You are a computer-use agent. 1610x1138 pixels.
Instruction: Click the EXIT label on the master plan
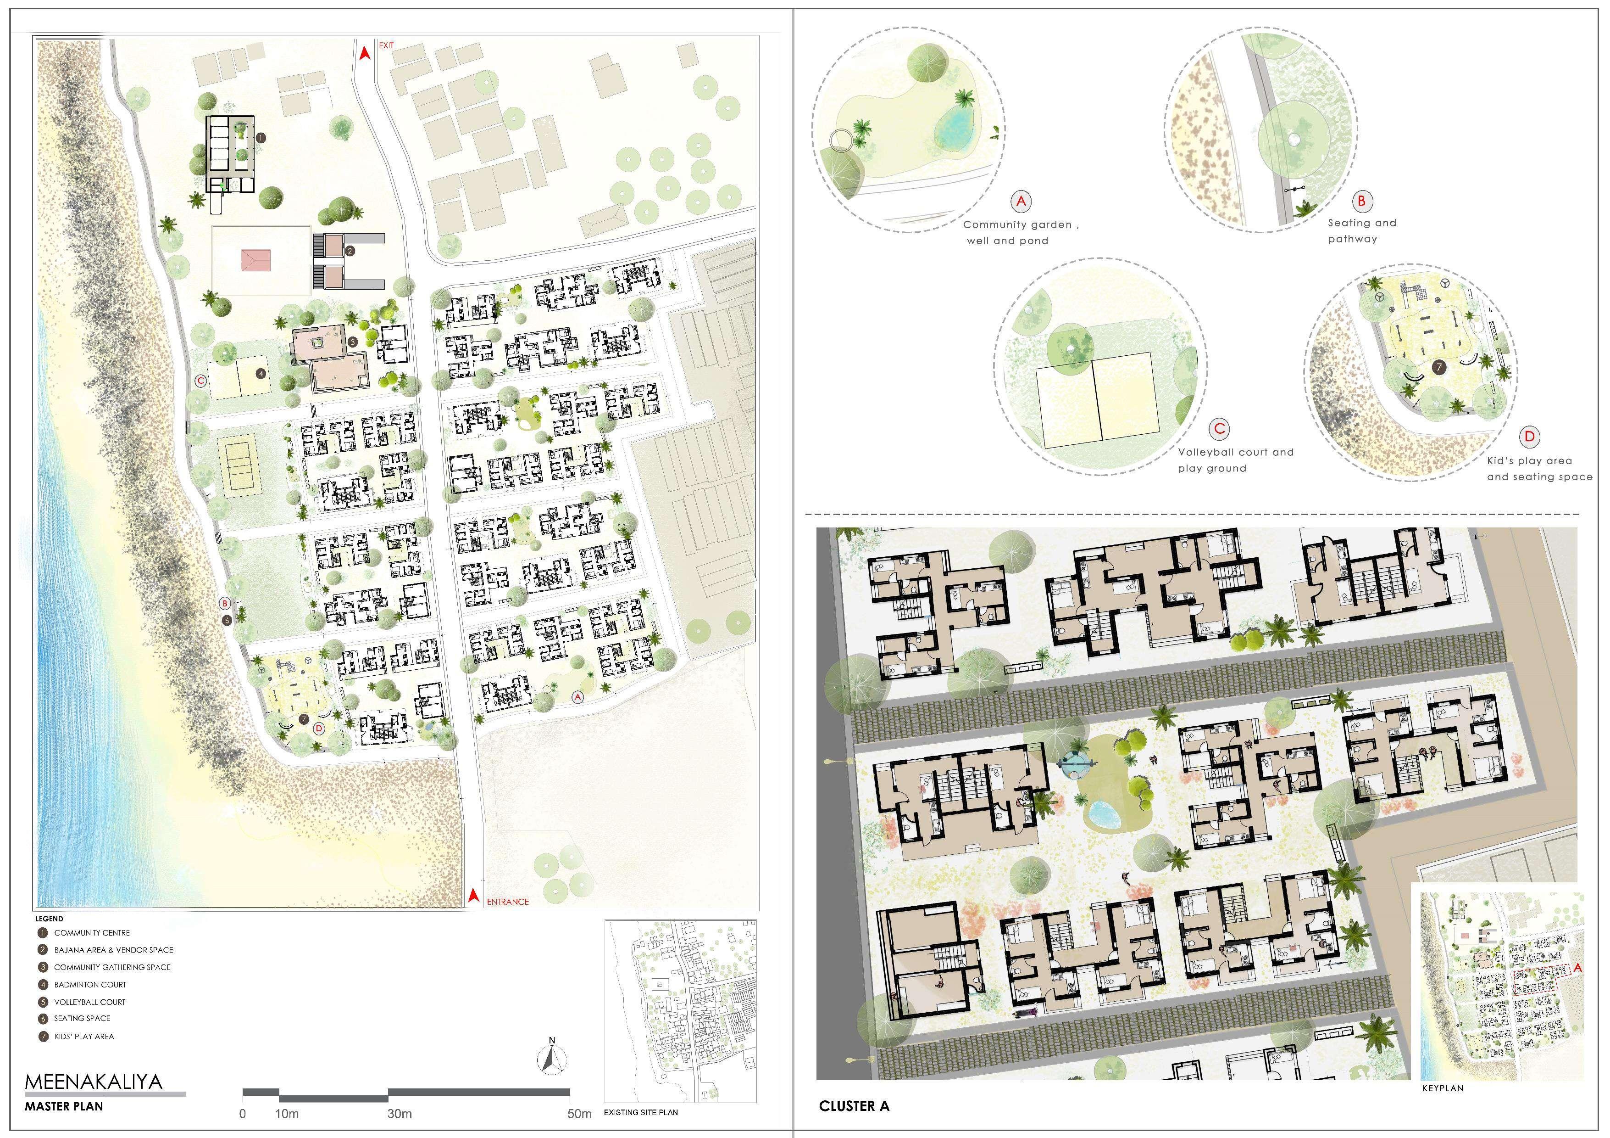point(386,45)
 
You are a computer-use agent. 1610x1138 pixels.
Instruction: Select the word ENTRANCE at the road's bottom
point(508,902)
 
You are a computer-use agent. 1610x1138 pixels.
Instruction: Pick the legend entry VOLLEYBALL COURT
point(90,1002)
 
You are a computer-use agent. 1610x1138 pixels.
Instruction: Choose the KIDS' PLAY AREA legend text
point(84,1036)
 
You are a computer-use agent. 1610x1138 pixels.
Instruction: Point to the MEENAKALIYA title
point(93,1081)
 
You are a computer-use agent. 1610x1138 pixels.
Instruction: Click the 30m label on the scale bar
point(400,1114)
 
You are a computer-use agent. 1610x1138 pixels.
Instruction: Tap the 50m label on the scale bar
point(580,1114)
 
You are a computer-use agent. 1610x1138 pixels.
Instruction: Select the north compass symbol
point(552,1057)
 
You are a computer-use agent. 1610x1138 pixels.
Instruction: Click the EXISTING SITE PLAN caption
point(641,1112)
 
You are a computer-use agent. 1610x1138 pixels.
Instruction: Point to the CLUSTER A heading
point(854,1106)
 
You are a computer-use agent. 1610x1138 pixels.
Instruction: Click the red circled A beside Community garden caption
point(1021,202)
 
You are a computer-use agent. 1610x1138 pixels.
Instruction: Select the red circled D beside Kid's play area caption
point(1529,437)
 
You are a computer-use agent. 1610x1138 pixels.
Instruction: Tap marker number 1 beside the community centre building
point(260,138)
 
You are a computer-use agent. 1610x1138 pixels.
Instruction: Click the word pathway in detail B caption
point(1353,239)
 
